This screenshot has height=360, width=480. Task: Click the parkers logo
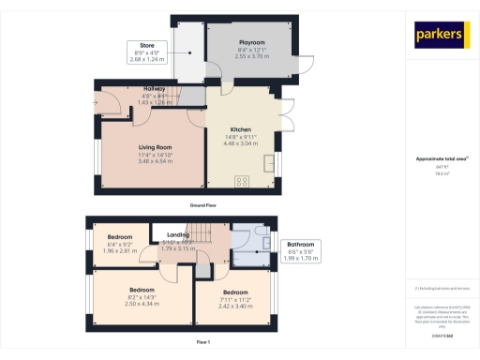coord(441,35)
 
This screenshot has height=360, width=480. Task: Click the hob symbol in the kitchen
coord(242,181)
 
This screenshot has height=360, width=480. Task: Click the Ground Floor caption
coord(202,204)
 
